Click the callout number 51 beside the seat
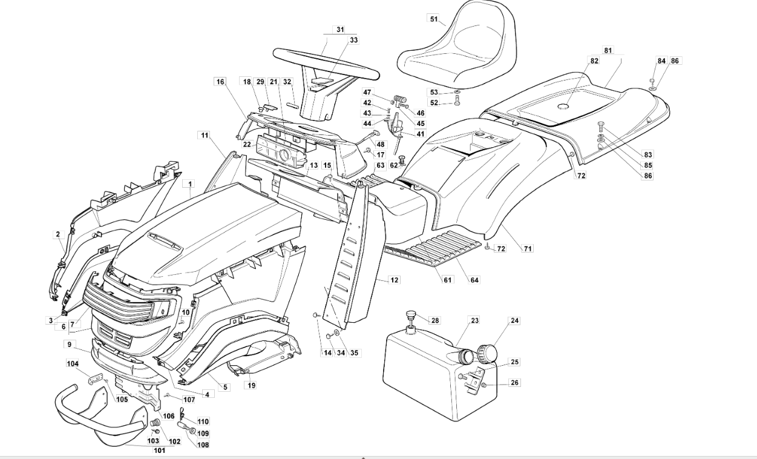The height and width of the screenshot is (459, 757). pos(434,19)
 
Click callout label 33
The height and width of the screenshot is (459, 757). pos(353,40)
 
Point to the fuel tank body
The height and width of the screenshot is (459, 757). pos(439,375)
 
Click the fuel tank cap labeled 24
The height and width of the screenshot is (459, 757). pos(487,353)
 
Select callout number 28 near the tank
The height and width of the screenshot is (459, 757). pos(435,320)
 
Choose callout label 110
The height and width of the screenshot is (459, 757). pos(203,421)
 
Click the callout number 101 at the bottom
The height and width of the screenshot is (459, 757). pos(160,451)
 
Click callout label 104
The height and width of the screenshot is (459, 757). pos(73,363)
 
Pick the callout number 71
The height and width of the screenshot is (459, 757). pos(528,249)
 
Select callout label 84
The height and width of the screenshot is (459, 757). pos(661,61)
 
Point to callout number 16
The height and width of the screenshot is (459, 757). pos(220,82)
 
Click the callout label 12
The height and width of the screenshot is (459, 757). pos(395,280)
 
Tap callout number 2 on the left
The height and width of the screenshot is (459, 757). pos(58,234)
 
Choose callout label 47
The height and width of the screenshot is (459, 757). pos(367,92)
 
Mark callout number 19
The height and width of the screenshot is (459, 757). pos(252,385)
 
